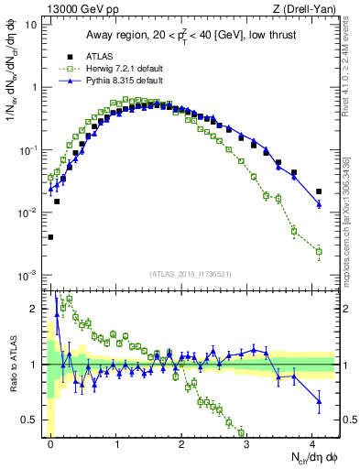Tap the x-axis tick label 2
tap(182, 442)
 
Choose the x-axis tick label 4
tap(314, 442)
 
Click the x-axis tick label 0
tap(50, 442)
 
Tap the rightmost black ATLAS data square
tap(319, 191)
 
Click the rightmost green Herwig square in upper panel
tap(319, 251)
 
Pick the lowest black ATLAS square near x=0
tap(50, 236)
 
